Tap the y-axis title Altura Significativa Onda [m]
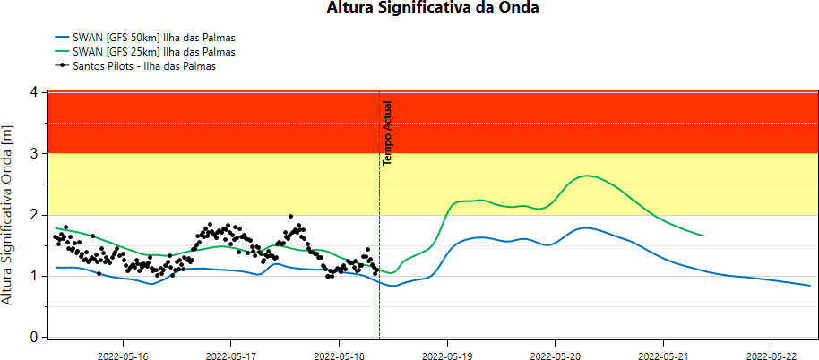(9, 214)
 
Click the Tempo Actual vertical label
(388, 133)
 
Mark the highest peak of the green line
(587, 176)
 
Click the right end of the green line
(703, 236)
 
